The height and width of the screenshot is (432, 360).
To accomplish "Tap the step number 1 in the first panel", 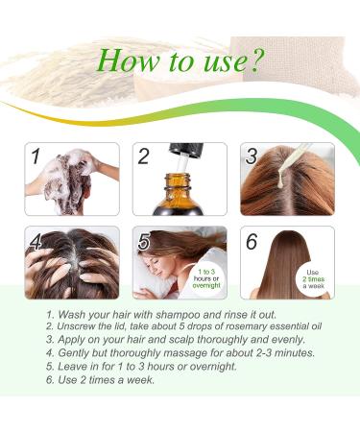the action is click(36, 156).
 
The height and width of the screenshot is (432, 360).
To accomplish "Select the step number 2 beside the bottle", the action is click(144, 156).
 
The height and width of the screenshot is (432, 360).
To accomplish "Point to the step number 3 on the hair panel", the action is click(252, 156).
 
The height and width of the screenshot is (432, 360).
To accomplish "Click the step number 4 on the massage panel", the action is click(36, 241).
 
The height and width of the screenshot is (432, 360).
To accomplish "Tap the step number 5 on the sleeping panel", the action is click(144, 242).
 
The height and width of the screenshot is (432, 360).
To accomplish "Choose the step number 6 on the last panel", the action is click(252, 242).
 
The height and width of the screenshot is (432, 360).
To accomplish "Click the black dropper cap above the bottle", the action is click(186, 151).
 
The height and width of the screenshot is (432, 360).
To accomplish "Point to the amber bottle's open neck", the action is click(180, 180).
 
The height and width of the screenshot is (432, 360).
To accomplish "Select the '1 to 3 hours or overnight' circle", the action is click(206, 278).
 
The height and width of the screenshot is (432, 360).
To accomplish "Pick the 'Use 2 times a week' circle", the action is click(314, 279).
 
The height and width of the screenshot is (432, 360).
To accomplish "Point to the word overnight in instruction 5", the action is click(213, 367).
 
